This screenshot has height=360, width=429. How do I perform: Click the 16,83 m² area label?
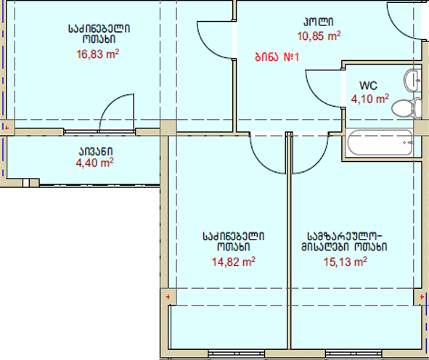[x=98, y=54]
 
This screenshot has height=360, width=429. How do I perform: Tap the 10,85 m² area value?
[x=319, y=36]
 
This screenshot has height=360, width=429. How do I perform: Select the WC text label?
[x=368, y=86]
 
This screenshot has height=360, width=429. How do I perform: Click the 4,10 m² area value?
[x=370, y=99]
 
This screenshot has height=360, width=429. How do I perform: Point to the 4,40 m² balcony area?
[x=94, y=163]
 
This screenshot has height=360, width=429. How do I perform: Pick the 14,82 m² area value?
[x=234, y=262]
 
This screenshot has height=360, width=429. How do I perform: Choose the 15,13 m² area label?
[x=346, y=262]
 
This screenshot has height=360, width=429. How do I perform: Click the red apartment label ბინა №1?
[x=277, y=57]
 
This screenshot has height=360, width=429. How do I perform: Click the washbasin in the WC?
[x=412, y=80]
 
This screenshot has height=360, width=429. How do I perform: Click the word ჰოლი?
[x=319, y=22]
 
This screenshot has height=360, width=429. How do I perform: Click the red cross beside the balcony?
[x=7, y=128]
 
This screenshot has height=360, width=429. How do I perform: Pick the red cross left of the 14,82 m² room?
[x=168, y=297]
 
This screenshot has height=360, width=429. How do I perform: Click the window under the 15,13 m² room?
[x=354, y=353]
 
